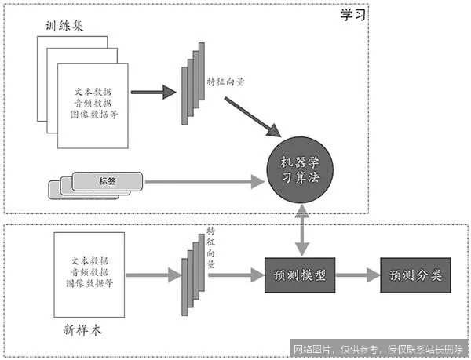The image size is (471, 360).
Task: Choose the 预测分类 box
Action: tap(415, 276)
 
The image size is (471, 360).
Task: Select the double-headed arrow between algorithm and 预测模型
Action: tap(300, 227)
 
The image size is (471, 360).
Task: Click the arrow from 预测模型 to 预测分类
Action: tap(358, 276)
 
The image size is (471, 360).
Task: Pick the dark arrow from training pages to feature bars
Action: tap(153, 93)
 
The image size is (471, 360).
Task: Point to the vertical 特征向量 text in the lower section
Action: tap(210, 248)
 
